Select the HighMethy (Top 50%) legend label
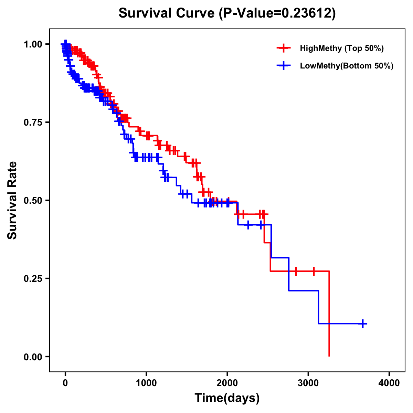[341, 48]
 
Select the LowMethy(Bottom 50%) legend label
[346, 66]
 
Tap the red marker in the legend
[283, 48]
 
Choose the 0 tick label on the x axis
[65, 383]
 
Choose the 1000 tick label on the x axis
[146, 383]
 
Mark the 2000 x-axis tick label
[227, 383]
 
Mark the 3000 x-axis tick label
[308, 383]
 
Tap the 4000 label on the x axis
[389, 383]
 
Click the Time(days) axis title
[227, 398]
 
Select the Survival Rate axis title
[12, 200]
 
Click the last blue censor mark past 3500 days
[363, 324]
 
